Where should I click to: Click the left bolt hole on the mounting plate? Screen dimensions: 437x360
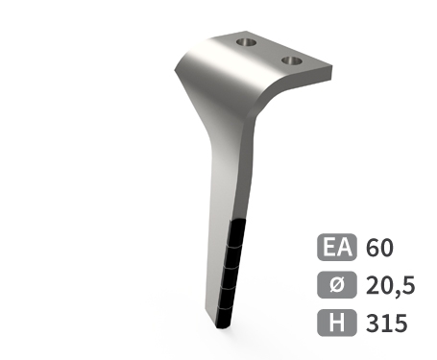pos(247,42)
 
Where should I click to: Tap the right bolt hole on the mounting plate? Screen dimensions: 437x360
pos(292,60)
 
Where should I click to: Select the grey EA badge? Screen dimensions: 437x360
pos(337,247)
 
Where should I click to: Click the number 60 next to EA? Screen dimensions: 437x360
pos(379,248)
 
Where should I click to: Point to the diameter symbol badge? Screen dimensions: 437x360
pos(337,285)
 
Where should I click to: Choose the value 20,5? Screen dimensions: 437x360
pos(390,286)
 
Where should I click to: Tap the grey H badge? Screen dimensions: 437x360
pos(337,323)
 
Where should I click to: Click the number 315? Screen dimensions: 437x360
pos(387,323)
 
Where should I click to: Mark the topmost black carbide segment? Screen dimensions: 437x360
pos(237,233)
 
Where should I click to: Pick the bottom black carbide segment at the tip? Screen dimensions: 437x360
pos(224,318)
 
